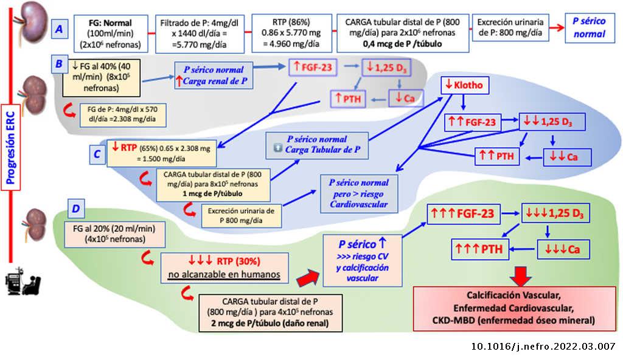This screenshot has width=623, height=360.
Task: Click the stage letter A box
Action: click(x=60, y=28)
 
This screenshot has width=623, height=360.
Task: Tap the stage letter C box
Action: click(x=97, y=154)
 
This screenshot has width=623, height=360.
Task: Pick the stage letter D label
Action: click(x=75, y=209)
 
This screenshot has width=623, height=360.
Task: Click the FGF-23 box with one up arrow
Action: click(x=313, y=67)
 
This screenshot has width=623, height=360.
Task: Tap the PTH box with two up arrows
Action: click(x=497, y=156)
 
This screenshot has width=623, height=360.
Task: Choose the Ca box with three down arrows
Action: click(x=562, y=249)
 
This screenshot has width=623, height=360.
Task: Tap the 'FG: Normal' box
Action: click(x=110, y=33)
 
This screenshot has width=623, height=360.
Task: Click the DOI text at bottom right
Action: click(x=543, y=347)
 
